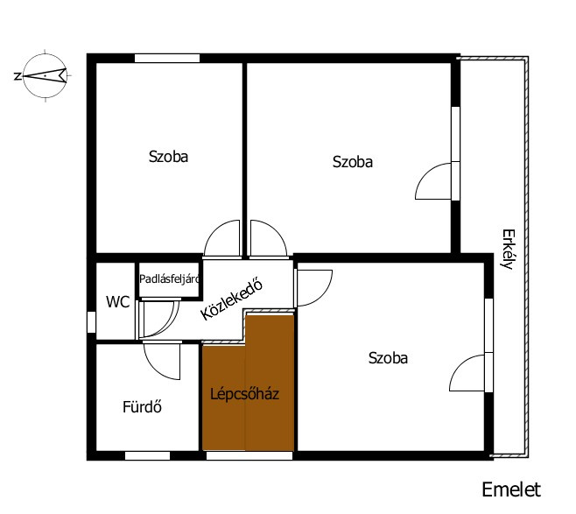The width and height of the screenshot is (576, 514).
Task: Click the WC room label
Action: pos(118,302)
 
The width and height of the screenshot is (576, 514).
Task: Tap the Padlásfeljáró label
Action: pos(169,278)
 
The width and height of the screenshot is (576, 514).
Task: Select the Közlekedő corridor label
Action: pos(232,300)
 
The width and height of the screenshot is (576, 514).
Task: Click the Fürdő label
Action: pos(142,406)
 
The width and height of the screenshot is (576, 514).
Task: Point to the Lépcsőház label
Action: pos(244,394)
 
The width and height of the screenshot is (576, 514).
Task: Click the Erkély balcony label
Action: pos(508,250)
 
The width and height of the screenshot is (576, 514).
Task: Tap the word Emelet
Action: pos(511,489)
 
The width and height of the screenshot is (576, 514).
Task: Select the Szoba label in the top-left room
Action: pos(168,157)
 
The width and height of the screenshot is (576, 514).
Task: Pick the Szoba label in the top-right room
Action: pos(353,162)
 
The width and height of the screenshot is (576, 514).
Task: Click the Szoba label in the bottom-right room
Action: pos(388,358)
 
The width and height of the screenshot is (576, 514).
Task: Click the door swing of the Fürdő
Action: pos(162,361)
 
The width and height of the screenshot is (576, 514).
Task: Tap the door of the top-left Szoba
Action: pos(221,238)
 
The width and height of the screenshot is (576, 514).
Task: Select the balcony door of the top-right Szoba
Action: pos(433,181)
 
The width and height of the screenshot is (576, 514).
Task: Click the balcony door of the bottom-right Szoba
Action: pos(467,372)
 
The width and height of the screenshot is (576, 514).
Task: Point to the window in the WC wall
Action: pos(91,322)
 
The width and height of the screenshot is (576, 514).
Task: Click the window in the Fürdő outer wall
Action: pos(147,456)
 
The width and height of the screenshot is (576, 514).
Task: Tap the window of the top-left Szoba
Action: pos(167,58)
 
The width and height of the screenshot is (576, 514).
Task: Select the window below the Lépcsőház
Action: pos(249,456)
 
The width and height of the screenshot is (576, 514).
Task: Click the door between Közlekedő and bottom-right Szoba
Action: pos(314,288)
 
